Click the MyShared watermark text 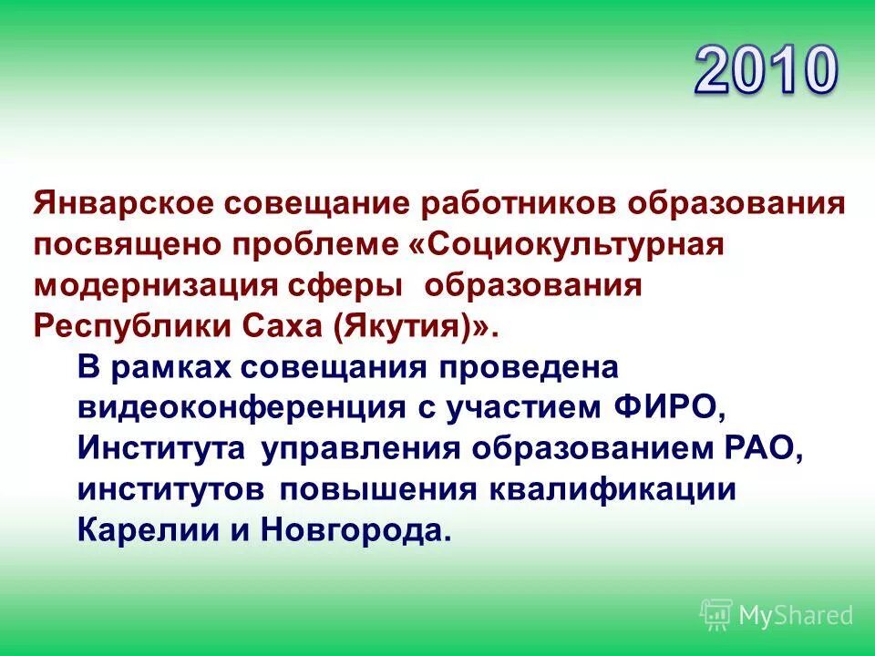(x=796, y=615)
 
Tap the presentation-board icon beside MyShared (x=716, y=615)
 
